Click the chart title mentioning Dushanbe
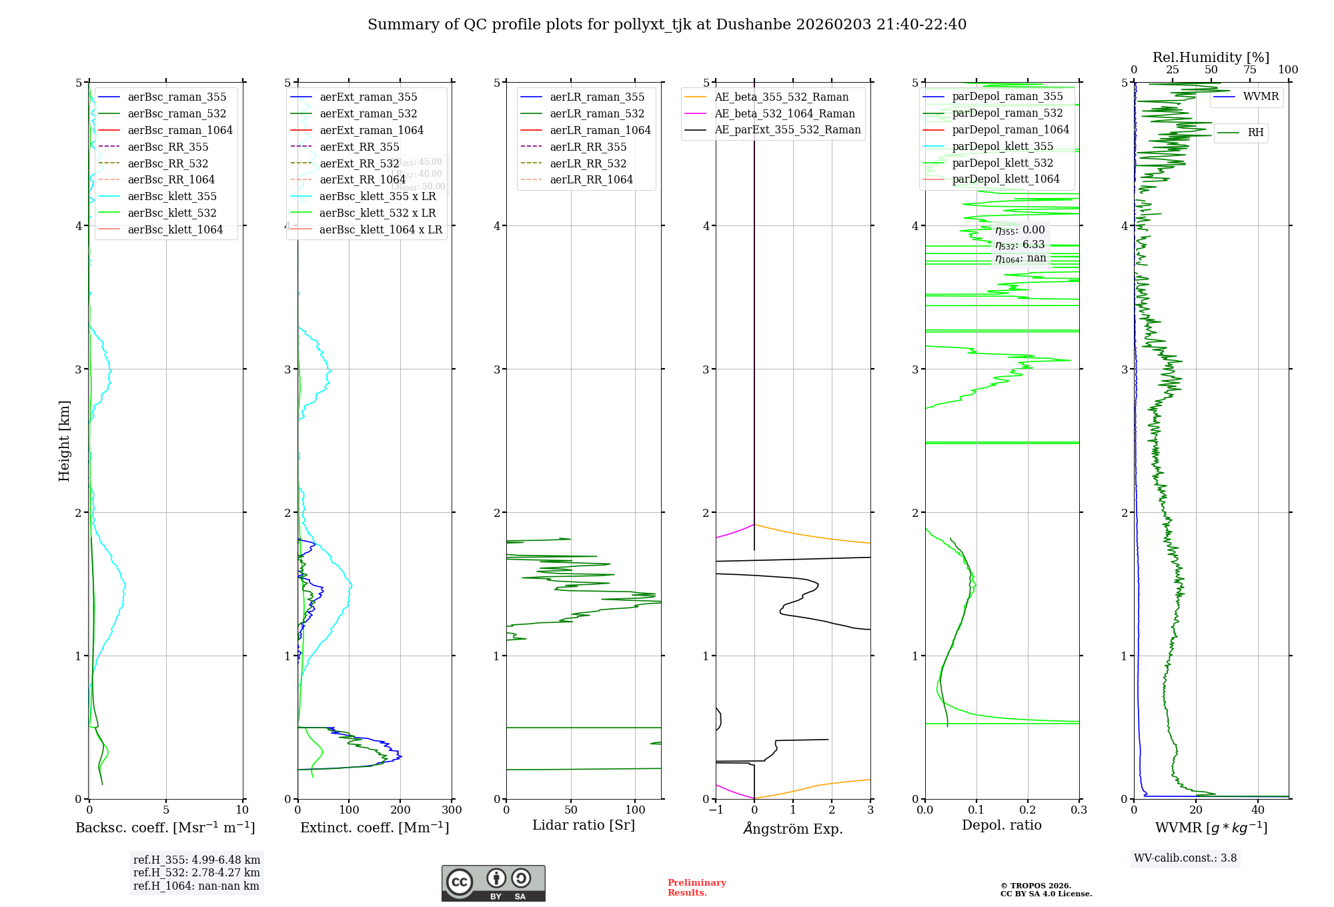(x=667, y=25)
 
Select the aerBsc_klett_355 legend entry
(x=172, y=196)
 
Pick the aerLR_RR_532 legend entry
(x=588, y=163)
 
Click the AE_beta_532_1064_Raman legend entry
(x=784, y=113)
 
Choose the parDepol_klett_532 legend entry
(x=1002, y=163)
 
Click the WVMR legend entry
(x=1261, y=97)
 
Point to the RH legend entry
(x=1255, y=133)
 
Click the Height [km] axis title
(x=64, y=440)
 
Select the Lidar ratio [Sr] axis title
(x=584, y=825)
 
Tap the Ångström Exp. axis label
(x=793, y=828)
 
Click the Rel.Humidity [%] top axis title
(x=1211, y=57)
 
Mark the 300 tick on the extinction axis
(x=452, y=810)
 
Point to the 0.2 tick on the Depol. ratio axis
(x=1028, y=810)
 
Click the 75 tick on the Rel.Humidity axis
(x=1249, y=70)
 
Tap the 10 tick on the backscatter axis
(x=242, y=810)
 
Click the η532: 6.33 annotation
(x=1020, y=245)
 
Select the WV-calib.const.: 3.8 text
(x=1185, y=858)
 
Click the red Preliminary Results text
(x=696, y=888)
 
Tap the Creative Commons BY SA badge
(x=493, y=883)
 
